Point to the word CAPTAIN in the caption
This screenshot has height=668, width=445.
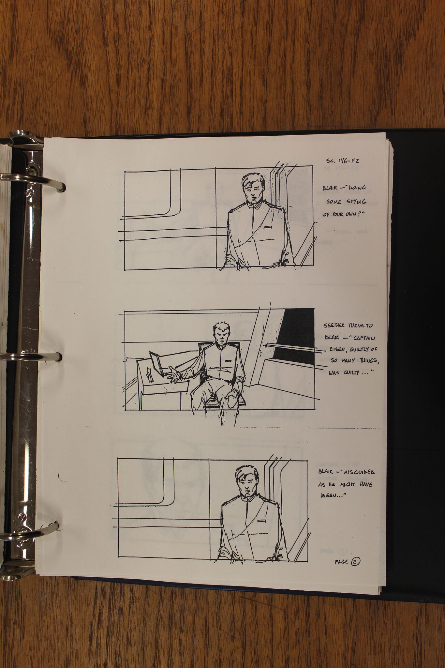(362, 338)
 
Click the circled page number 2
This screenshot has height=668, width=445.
(355, 562)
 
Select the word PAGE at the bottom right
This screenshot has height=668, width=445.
(341, 562)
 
